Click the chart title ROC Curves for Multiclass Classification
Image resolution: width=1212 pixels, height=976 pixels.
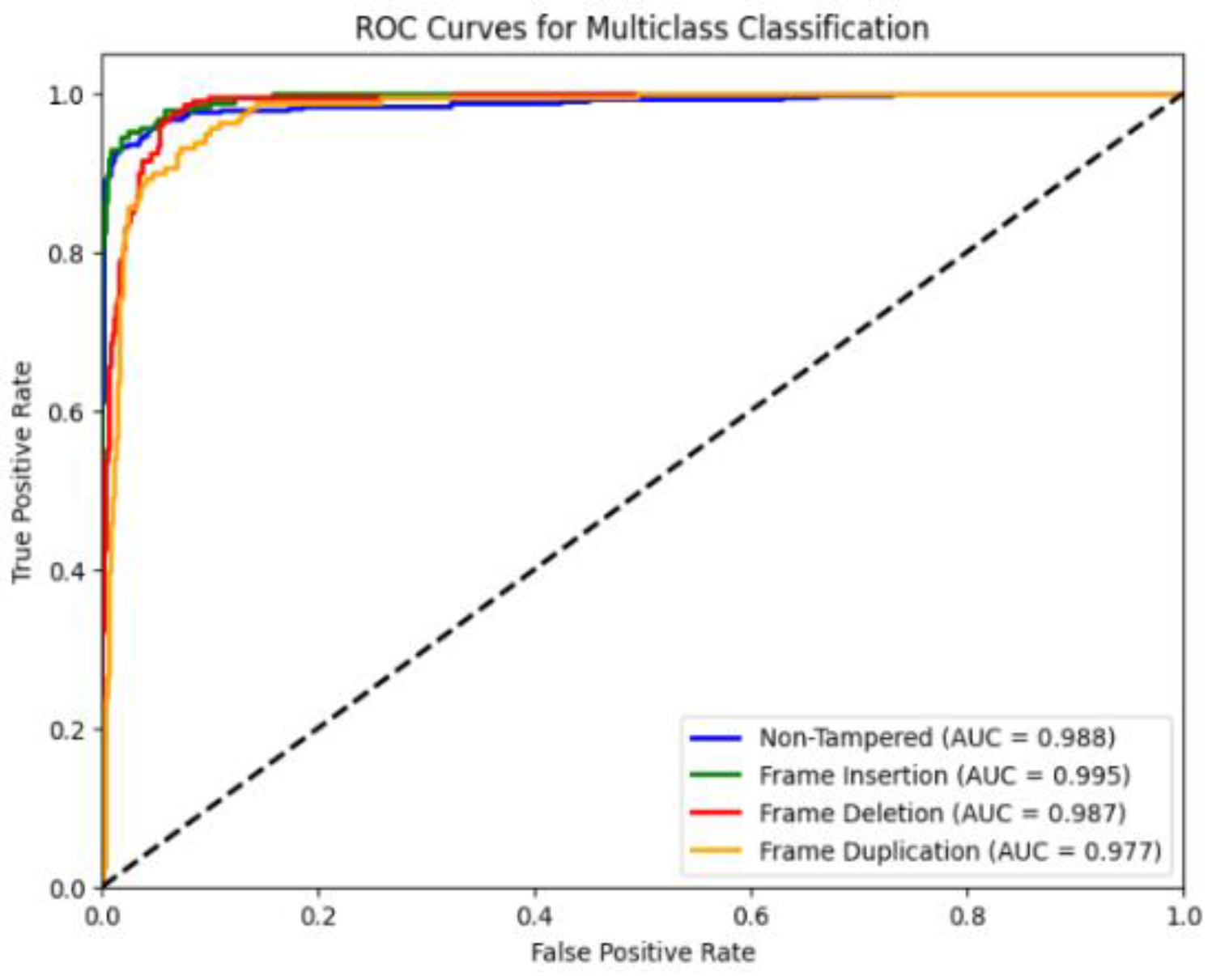coord(641,28)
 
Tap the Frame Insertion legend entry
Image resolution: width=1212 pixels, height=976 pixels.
coord(944,775)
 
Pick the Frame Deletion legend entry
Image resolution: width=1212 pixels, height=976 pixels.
coord(942,813)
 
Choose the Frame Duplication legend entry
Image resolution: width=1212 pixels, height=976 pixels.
coord(959,851)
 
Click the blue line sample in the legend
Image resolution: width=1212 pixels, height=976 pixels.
coord(716,737)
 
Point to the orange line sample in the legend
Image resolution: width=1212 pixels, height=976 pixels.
coord(716,851)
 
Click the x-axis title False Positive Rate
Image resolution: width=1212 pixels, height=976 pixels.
coord(643,952)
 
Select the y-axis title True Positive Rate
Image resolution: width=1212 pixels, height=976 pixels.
coord(22,472)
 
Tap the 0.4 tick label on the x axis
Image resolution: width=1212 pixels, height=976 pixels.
coord(534,916)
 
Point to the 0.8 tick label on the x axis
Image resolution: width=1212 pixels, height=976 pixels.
coord(967,916)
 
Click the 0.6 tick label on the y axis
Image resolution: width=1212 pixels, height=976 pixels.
coord(66,412)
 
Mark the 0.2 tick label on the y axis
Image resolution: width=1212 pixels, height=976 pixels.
coord(66,729)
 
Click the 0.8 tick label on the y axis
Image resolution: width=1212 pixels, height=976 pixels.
coord(66,253)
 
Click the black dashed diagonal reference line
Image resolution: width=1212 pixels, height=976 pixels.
coord(643,490)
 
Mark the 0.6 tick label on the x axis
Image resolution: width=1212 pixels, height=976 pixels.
coord(751,916)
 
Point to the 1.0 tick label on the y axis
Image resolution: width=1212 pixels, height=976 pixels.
coord(66,95)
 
